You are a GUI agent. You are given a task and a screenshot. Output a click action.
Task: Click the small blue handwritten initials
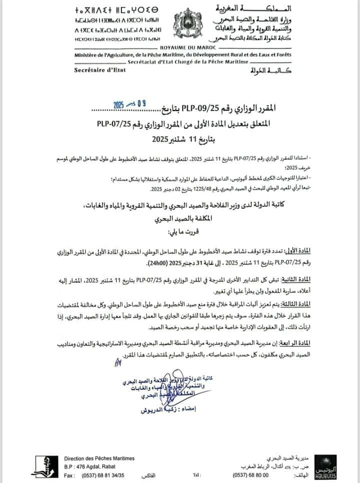coord(118,362)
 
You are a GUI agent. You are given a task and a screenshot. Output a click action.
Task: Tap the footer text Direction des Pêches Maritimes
coord(99,458)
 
